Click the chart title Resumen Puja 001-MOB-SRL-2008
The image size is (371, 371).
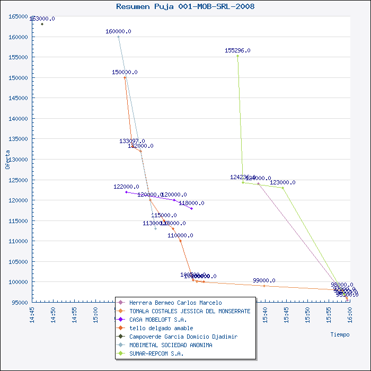[185, 6]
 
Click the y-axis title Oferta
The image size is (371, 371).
[7, 159]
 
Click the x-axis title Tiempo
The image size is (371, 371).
[340, 334]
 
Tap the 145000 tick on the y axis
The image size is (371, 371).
[18, 98]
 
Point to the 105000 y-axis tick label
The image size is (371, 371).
[18, 261]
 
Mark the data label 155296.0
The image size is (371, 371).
[237, 50]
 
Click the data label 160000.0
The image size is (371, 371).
[118, 31]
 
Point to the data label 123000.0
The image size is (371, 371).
[282, 182]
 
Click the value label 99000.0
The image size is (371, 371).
[264, 280]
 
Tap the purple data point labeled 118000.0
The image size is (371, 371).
[191, 208]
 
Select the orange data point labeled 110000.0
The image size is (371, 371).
[180, 241]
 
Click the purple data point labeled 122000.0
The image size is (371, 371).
[126, 192]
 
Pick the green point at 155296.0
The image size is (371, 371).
[237, 56]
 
